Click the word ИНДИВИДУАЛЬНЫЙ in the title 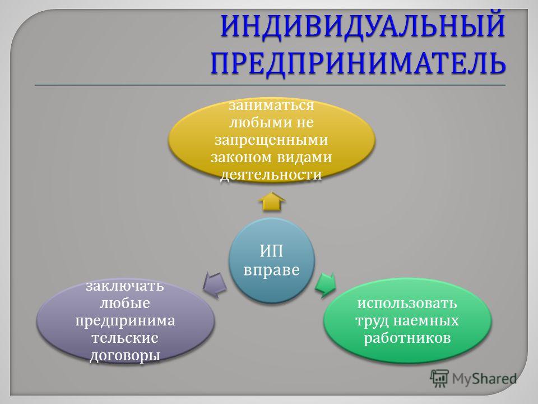363,26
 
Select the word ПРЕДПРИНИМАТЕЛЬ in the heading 358,63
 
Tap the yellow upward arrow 272,201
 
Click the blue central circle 272,260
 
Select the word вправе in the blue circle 272,270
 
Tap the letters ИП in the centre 271,251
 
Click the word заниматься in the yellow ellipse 271,105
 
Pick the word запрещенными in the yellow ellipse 271,140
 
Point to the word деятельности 271,175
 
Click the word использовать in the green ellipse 407,304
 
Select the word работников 407,338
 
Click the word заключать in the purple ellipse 125,286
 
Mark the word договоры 125,355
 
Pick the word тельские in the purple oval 125,338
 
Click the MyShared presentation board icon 439,378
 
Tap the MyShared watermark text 484,379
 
